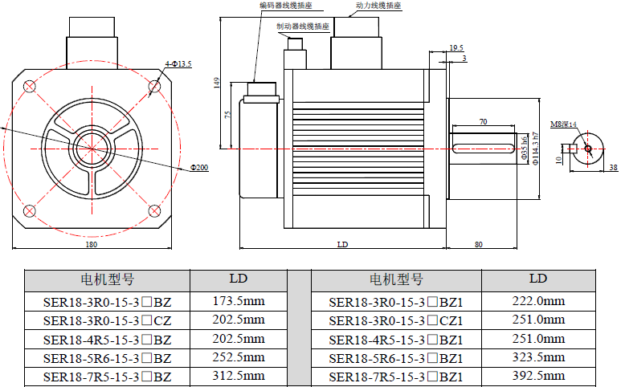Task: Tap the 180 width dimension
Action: pyautogui.click(x=91, y=244)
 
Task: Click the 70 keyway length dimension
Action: pyautogui.click(x=483, y=122)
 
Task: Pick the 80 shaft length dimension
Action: pyautogui.click(x=479, y=244)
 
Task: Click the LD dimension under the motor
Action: pyautogui.click(x=341, y=244)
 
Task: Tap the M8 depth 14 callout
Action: pyautogui.click(x=563, y=124)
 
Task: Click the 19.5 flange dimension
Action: pyautogui.click(x=456, y=48)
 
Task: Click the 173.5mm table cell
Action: pyautogui.click(x=238, y=302)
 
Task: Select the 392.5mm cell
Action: pyautogui.click(x=538, y=376)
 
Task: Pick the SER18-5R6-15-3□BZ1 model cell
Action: pyautogui.click(x=396, y=357)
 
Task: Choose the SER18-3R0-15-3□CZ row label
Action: pyautogui.click(x=107, y=320)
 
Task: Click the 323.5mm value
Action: pyautogui.click(x=538, y=357)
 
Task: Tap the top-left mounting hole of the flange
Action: pyautogui.click(x=30, y=86)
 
